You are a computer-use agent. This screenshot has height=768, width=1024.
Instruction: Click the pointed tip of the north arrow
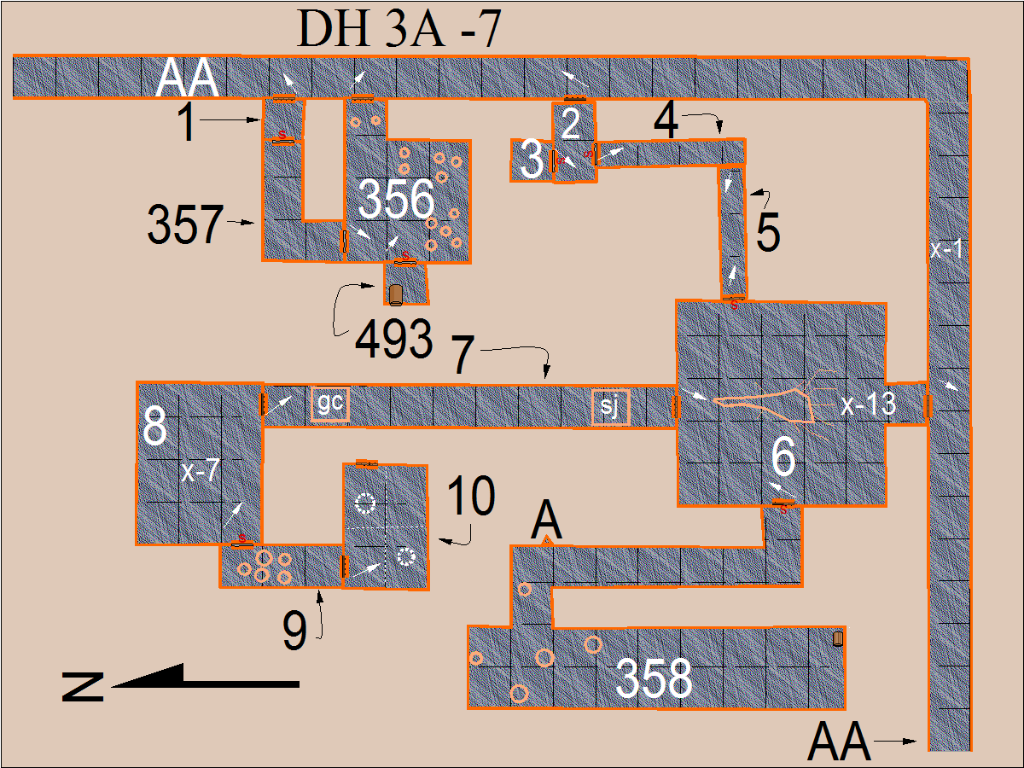(111, 686)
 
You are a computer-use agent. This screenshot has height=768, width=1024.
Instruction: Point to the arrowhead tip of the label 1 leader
(260, 119)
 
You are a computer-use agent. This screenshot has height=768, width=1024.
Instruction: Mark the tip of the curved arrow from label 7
(546, 378)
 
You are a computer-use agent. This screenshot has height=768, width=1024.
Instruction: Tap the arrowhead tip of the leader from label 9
(319, 591)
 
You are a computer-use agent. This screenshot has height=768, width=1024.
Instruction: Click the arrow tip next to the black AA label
(916, 741)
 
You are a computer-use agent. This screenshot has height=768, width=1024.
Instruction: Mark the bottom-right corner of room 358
(846, 709)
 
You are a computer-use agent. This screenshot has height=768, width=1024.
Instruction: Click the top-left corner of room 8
(137, 382)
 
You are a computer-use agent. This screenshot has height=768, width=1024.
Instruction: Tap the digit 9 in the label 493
(393, 339)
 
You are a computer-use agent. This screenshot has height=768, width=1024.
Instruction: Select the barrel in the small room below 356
(396, 294)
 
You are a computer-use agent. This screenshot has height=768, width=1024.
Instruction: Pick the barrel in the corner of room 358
(838, 639)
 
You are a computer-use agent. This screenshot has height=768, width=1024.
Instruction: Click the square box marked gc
(330, 404)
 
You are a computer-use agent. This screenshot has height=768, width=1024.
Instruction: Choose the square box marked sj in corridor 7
(611, 407)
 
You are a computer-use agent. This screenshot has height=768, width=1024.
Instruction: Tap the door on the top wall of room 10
(367, 463)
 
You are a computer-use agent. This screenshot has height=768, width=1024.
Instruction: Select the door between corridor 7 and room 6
(675, 406)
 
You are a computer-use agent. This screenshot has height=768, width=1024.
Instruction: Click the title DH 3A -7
(399, 29)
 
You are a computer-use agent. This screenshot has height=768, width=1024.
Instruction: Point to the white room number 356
(396, 199)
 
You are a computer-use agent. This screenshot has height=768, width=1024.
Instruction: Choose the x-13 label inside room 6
(868, 404)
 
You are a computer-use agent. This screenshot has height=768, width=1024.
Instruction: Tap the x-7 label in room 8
(201, 470)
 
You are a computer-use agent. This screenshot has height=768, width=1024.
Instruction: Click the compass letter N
(83, 687)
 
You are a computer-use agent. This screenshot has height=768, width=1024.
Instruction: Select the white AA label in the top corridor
(187, 78)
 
